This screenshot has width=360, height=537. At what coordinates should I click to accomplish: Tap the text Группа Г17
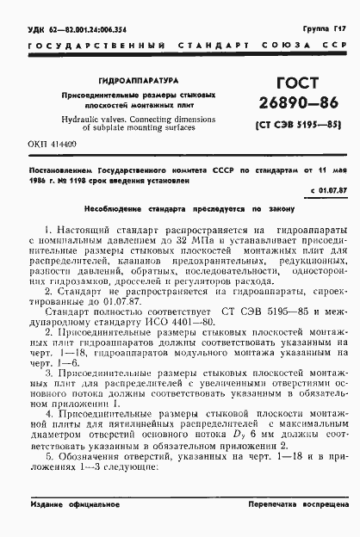click(x=322, y=28)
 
